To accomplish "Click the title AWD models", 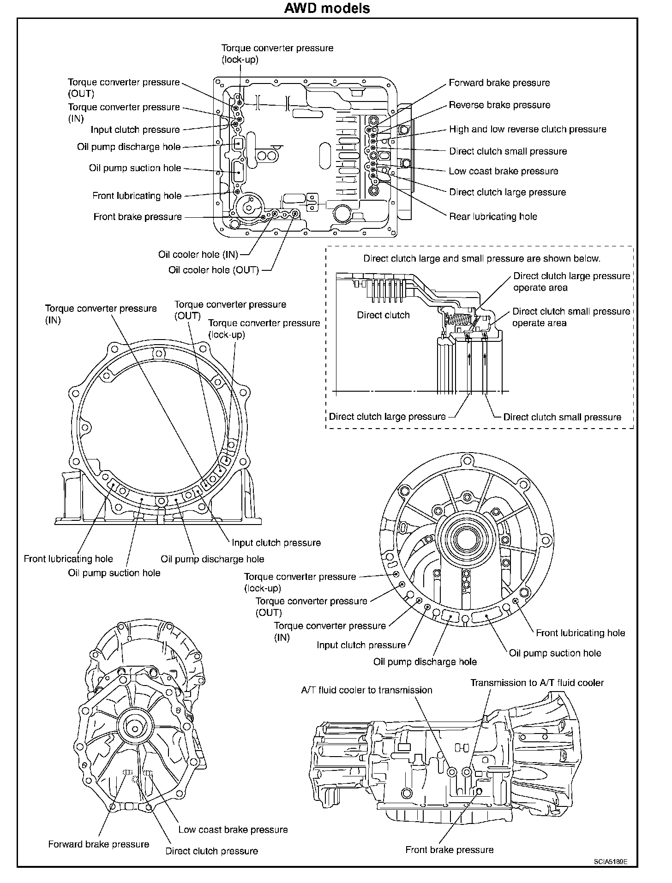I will pos(327,8).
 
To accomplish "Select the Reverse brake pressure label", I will pos(499,105).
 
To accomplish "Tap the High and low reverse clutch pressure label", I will pos(528,130).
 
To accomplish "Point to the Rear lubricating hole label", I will pos(493,216).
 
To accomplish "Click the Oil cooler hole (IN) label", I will pos(198,255).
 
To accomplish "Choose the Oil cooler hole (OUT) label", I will pos(213,270).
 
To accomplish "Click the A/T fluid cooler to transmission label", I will pos(366,690).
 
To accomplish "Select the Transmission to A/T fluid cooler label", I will pos(537,683).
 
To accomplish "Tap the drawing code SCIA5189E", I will pos(611,861).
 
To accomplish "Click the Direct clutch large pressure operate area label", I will pos(571,282).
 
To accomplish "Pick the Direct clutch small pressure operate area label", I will pos(571,317).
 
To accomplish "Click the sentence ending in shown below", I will pos(481,259).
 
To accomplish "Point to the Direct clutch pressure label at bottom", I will pos(211,851).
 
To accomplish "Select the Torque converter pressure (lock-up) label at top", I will pos(277,54).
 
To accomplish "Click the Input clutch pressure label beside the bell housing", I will pos(276,543).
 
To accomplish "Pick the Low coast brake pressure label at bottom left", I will pos(233,829).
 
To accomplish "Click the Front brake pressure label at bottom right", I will pos(449,850).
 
